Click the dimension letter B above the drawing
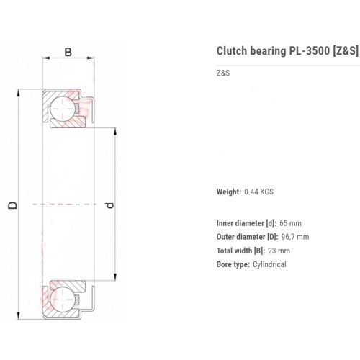click(68, 52)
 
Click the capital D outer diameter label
click(13, 204)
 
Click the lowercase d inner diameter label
click(109, 205)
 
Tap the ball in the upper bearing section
click(63, 109)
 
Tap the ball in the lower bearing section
click(63, 300)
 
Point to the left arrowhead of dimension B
click(46, 58)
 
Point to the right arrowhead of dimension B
click(91, 58)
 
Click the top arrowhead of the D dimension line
click(19, 93)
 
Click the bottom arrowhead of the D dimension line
click(19, 315)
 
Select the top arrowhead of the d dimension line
click(115, 132)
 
